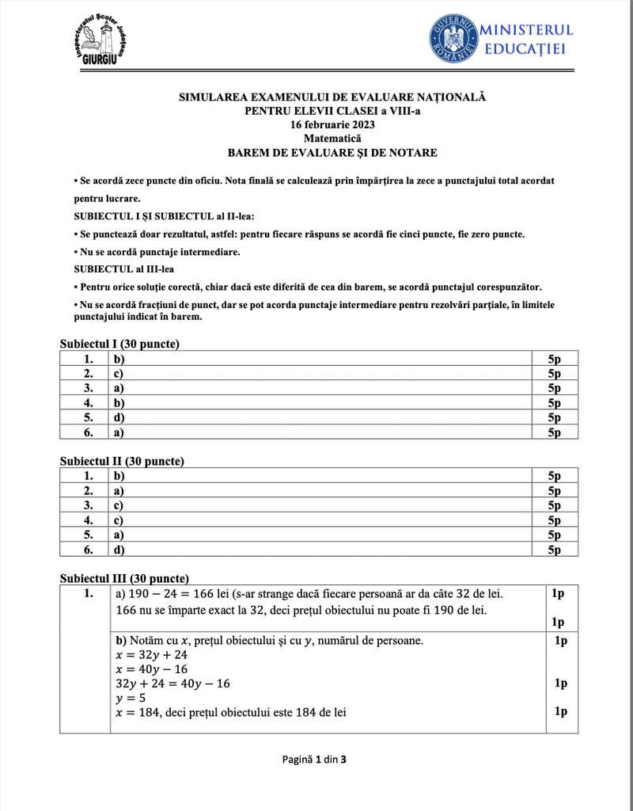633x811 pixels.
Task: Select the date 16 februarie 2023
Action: [x=332, y=125]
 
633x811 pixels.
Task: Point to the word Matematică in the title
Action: [x=332, y=139]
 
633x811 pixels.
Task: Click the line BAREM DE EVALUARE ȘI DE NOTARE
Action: [x=332, y=153]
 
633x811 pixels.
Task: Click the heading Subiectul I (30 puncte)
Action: [x=119, y=344]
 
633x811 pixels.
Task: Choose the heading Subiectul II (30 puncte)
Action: [x=122, y=460]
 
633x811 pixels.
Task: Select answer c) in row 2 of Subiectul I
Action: [x=119, y=373]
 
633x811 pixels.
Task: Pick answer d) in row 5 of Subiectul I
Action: [x=119, y=417]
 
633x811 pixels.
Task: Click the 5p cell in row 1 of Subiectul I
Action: [x=554, y=359]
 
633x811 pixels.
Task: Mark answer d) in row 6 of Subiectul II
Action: [x=119, y=549]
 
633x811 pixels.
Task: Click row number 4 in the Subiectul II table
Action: [x=89, y=520]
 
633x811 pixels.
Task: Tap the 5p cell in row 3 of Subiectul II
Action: [x=554, y=504]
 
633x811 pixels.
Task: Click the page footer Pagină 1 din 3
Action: [x=315, y=760]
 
